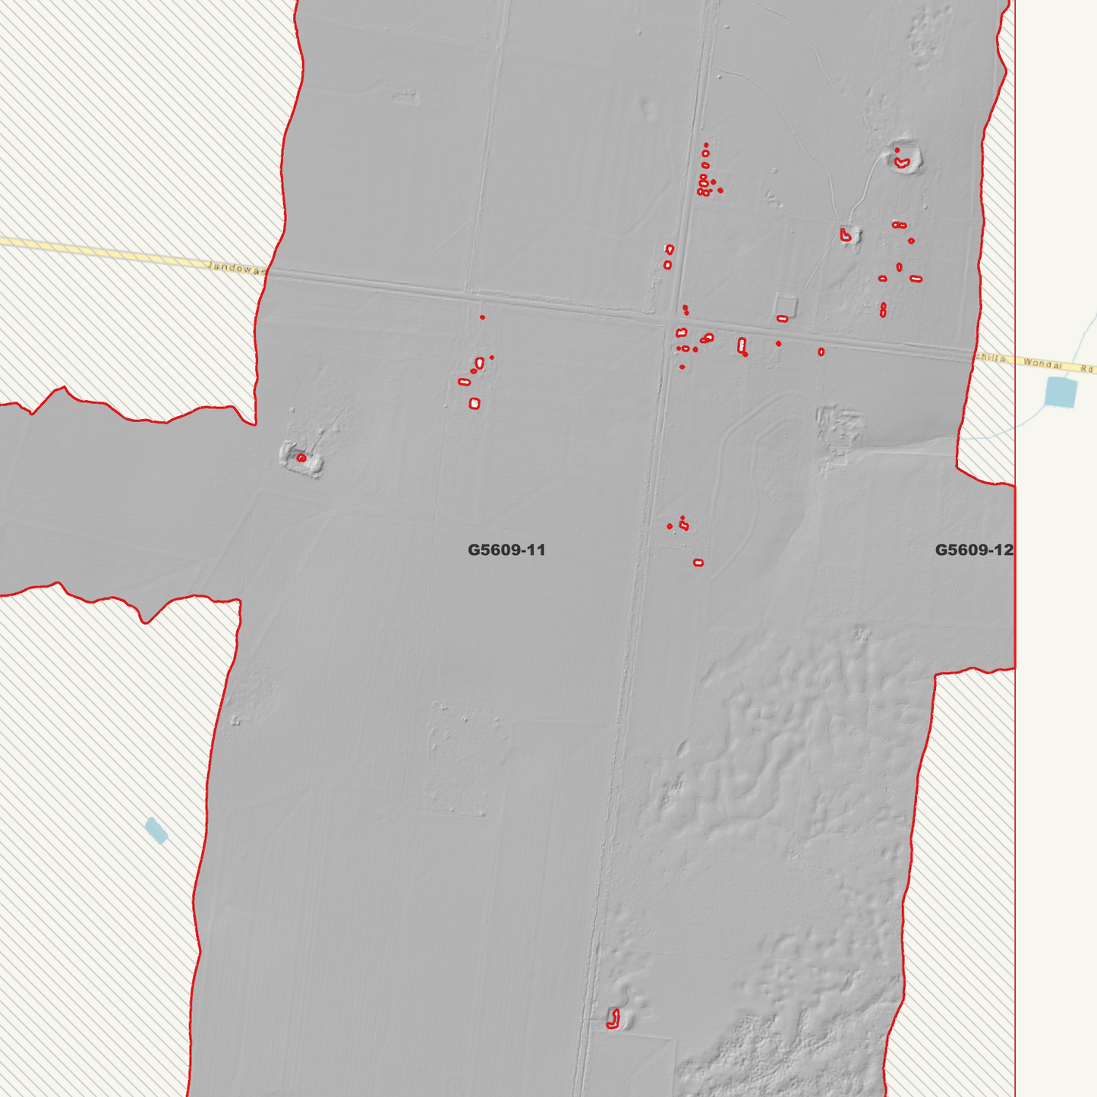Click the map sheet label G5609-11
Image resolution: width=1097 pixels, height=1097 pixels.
(506, 550)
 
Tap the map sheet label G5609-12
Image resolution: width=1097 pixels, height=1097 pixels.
(973, 550)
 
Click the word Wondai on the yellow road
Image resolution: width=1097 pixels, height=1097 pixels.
(1042, 363)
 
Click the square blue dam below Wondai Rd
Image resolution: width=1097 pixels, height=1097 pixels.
(1061, 392)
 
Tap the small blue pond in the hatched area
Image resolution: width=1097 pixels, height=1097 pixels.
(156, 831)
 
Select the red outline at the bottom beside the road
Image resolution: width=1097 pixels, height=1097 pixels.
(613, 1019)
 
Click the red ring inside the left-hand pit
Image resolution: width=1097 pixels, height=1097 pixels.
(301, 458)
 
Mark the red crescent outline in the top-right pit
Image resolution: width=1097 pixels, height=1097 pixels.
(902, 162)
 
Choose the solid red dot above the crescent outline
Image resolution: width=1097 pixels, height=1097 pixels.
(897, 150)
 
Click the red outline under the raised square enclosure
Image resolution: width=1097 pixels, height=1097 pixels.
(782, 319)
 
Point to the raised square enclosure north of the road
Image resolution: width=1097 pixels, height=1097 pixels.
(786, 306)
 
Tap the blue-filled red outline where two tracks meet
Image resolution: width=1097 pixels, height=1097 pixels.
(846, 235)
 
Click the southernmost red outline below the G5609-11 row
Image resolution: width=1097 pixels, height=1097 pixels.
(698, 563)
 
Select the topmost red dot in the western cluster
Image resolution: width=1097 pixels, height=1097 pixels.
(482, 317)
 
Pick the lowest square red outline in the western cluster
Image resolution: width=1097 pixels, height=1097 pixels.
(474, 404)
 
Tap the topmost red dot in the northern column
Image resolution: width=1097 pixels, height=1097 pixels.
(706, 144)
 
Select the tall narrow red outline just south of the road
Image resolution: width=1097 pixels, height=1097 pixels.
(742, 345)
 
